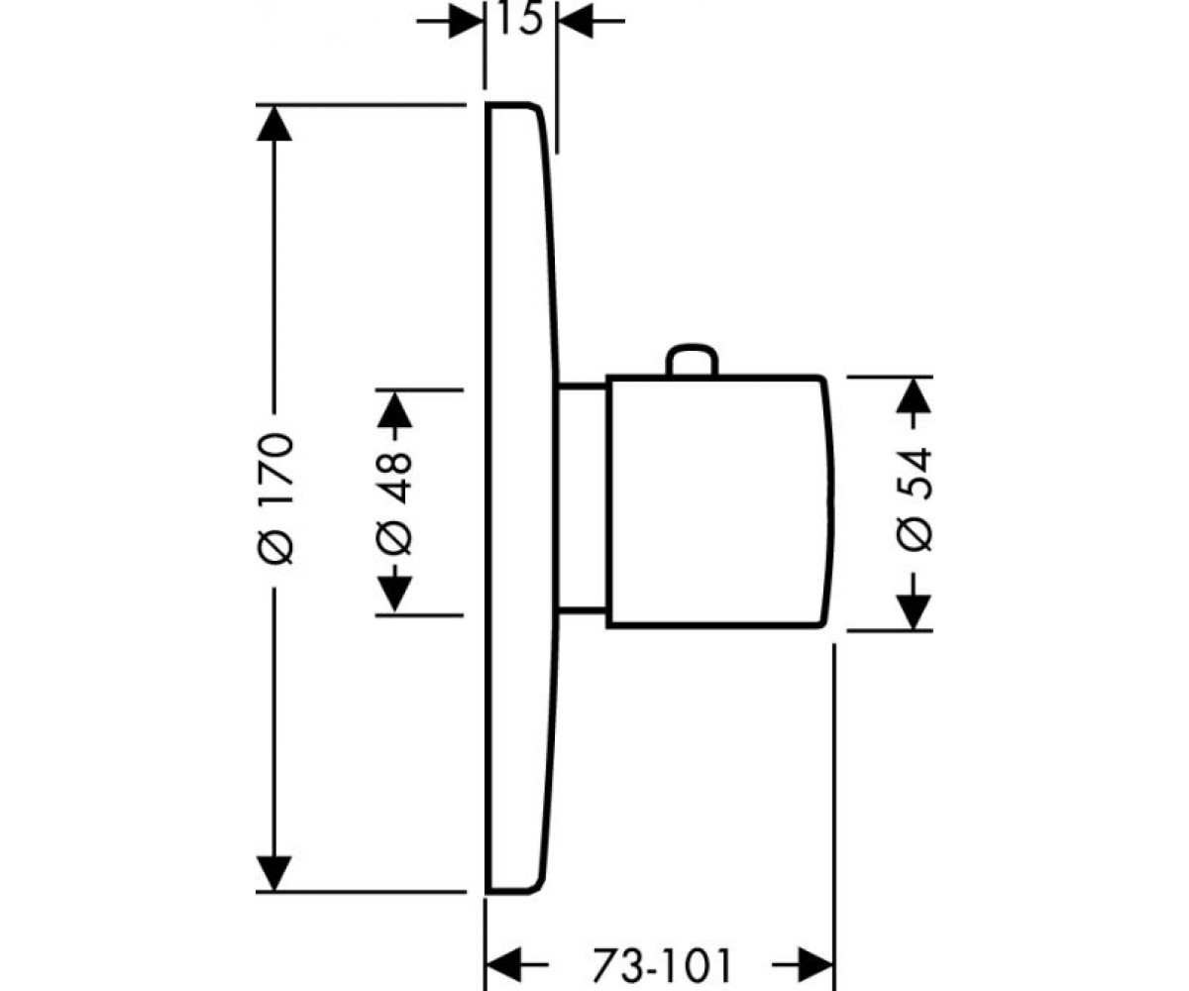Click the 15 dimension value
click(x=520, y=21)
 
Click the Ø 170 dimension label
click(x=275, y=498)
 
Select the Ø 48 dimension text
click(x=394, y=503)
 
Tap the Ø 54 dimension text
click(x=914, y=499)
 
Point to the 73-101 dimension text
click(x=661, y=965)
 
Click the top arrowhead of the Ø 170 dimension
click(x=274, y=123)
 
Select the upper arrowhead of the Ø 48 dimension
click(x=394, y=410)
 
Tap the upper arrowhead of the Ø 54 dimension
click(x=914, y=395)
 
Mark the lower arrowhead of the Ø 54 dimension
click(x=914, y=612)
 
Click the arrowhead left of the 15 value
click(x=467, y=21)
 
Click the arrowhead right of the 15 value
click(x=575, y=21)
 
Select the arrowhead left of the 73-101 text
click(x=503, y=965)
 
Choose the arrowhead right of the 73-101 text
click(x=816, y=965)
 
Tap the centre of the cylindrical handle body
click(x=717, y=502)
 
